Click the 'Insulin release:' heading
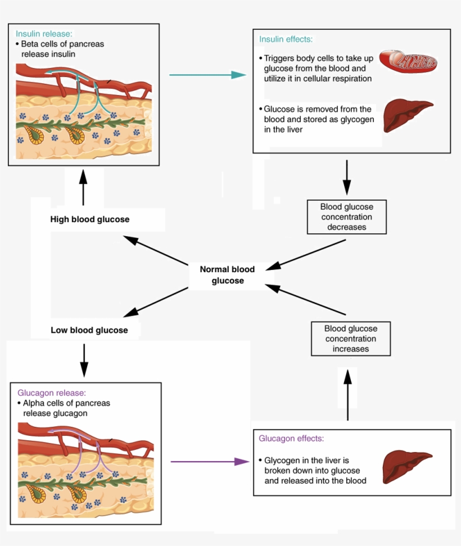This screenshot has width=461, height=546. (x=43, y=34)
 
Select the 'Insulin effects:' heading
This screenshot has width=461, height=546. (x=286, y=39)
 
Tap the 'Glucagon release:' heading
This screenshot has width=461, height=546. (x=52, y=393)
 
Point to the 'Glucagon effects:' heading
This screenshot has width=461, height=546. (x=291, y=438)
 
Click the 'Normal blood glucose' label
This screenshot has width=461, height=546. (x=227, y=275)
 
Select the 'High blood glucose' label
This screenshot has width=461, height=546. (x=89, y=219)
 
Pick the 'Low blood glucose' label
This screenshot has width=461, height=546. (x=89, y=330)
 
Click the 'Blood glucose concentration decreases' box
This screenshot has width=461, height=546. (x=346, y=217)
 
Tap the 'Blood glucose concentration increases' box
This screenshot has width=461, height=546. (x=350, y=339)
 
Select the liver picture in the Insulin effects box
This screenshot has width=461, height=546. (x=407, y=115)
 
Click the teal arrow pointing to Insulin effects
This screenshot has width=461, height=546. (x=207, y=74)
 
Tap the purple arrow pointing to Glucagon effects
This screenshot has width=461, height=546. (x=209, y=462)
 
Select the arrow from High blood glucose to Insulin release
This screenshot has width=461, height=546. (x=83, y=188)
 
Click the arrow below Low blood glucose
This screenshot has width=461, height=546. (x=84, y=360)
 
